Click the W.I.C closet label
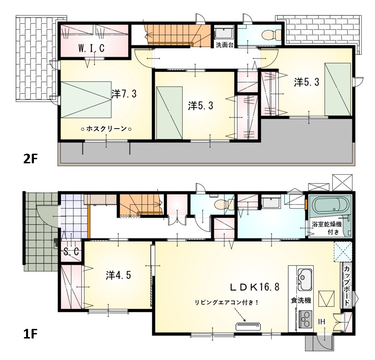coord(92,48)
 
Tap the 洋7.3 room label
coord(124,94)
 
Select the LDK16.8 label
coord(255,287)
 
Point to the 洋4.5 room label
coord(119,275)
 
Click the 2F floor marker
coord(31,158)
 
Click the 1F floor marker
coord(30,333)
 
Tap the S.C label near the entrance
coord(71,252)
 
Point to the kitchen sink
coord(304,279)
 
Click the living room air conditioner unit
coord(248,326)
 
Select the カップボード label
coord(346,285)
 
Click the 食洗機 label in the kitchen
coord(301,300)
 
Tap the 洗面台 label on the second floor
coord(224,45)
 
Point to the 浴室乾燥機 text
coord(326,224)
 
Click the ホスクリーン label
coord(106,129)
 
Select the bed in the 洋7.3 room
coord(86,100)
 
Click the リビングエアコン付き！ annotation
coord(227,302)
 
